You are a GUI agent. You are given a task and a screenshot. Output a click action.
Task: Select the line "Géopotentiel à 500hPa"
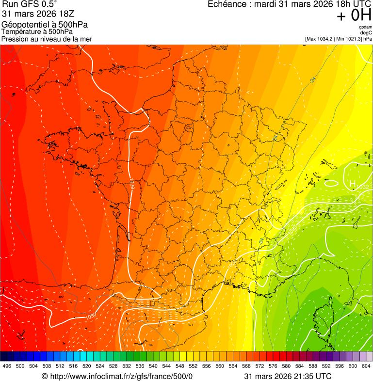(45, 25)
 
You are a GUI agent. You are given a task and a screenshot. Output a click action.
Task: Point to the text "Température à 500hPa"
(37, 32)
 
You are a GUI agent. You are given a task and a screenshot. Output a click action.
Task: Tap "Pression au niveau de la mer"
(47, 39)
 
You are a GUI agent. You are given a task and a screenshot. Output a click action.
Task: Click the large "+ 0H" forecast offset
(354, 16)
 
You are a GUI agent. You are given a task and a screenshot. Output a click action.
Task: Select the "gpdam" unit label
(365, 27)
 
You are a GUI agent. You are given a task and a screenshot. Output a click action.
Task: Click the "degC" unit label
(366, 33)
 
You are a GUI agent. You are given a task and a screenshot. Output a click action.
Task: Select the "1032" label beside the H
(362, 187)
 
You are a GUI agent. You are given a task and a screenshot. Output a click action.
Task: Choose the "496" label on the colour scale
(7, 366)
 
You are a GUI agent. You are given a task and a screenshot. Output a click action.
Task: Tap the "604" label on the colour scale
(366, 366)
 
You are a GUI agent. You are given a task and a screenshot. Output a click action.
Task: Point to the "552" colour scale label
(193, 366)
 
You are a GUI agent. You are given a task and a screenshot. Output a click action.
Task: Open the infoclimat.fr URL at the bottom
(121, 376)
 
